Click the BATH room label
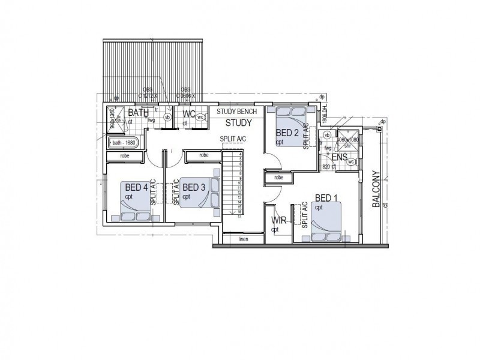[x=139, y=112]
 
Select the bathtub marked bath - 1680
[x=123, y=143]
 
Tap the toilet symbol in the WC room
[x=200, y=118]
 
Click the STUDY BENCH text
[x=237, y=112]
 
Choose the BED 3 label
[x=194, y=187]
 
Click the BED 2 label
[x=287, y=133]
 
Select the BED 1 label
[x=328, y=198]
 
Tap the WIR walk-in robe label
[x=277, y=220]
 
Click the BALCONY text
[x=376, y=189]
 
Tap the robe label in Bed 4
[x=125, y=155]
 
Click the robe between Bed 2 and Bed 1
[x=278, y=178]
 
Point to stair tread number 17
[x=239, y=216]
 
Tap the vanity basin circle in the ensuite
[x=327, y=136]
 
